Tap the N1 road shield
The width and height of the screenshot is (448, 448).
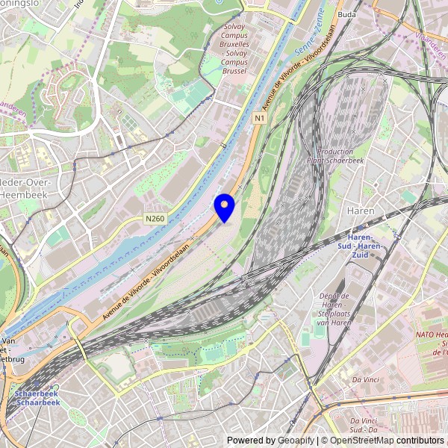(260, 118)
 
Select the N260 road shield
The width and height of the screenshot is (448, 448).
(155, 219)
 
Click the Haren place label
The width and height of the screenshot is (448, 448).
(361, 211)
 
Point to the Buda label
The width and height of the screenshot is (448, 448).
(346, 14)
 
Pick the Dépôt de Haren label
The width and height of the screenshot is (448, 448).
(335, 302)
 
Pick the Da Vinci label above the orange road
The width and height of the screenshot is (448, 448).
(367, 380)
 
